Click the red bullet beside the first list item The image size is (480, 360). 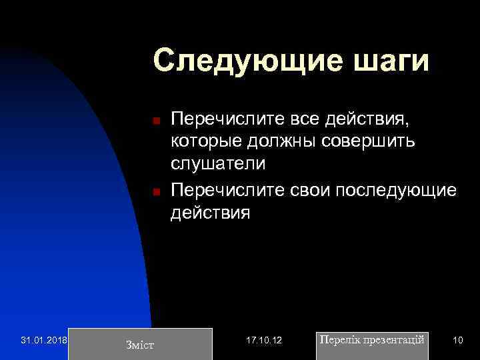pyautogui.click(x=154, y=121)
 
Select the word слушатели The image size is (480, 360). pyautogui.click(x=218, y=163)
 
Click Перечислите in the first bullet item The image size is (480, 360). pyautogui.click(x=228, y=119)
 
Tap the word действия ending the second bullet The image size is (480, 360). pyautogui.click(x=211, y=213)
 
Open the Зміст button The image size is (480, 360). pyautogui.click(x=140, y=344)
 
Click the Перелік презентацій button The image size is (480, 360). pyautogui.click(x=371, y=340)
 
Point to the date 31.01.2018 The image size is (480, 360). pyautogui.click(x=44, y=340)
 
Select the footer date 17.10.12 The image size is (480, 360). pyautogui.click(x=264, y=340)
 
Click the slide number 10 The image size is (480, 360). pyautogui.click(x=457, y=340)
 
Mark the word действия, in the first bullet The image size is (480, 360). pyautogui.click(x=374, y=119)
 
